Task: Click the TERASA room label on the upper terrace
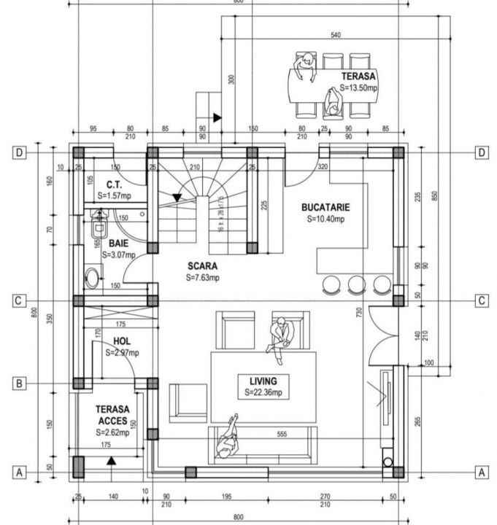click(x=358, y=76)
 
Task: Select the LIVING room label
click(x=263, y=381)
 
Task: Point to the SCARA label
click(x=201, y=267)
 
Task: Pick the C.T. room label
click(x=113, y=184)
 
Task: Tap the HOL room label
click(x=122, y=342)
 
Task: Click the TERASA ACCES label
click(x=112, y=415)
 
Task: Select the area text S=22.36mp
click(x=263, y=393)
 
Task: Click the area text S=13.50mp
click(x=359, y=88)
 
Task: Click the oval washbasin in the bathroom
click(x=93, y=279)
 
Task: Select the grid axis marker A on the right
click(x=482, y=472)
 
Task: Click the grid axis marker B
click(x=20, y=384)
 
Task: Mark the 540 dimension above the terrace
click(x=336, y=35)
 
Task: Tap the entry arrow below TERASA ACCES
click(x=111, y=460)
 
